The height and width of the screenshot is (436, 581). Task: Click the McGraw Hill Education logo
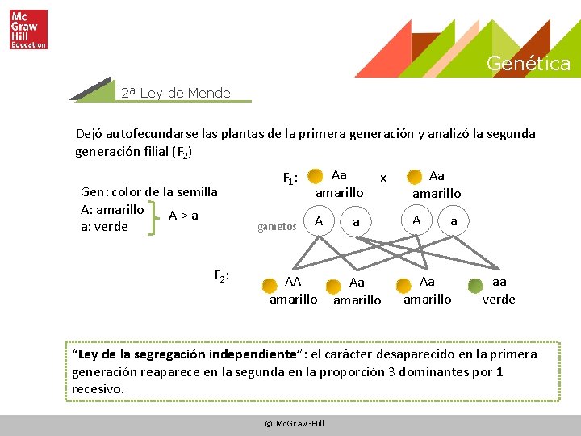29,30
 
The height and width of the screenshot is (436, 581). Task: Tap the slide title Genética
528,64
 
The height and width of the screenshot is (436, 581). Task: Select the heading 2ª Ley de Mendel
177,93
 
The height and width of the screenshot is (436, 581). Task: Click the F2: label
223,276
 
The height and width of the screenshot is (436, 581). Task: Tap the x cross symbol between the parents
383,177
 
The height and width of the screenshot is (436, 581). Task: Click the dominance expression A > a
182,216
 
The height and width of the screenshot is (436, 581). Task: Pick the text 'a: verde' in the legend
105,227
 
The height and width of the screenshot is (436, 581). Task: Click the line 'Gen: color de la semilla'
149,191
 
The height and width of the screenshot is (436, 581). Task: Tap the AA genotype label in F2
293,282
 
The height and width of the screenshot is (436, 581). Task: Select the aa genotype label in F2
499,282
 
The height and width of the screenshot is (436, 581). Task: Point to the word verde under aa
499,299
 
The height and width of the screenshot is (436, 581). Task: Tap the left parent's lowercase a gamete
356,220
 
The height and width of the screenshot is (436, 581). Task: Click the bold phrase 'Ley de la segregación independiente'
184,354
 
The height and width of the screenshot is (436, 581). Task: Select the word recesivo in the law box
98,388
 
